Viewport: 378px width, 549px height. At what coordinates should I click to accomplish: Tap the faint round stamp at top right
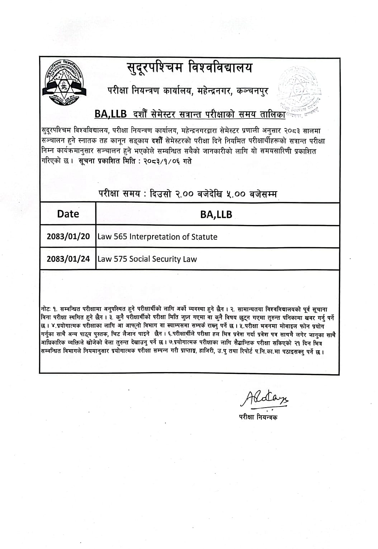[300, 91]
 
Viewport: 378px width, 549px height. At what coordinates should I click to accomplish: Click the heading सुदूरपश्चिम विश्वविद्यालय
[189, 68]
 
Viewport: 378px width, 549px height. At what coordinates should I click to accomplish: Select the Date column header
[68, 214]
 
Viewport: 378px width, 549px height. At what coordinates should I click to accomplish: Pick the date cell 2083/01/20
[68, 237]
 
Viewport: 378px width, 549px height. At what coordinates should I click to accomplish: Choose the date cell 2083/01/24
[68, 259]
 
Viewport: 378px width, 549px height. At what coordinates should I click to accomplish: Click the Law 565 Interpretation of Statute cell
[157, 237]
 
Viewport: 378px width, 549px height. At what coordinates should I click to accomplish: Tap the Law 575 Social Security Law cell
[147, 259]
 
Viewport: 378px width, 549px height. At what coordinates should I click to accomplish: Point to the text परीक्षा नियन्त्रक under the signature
[258, 417]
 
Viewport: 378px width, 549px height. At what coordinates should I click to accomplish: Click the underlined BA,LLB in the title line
[111, 114]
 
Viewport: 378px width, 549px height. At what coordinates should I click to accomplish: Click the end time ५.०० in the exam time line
[236, 194]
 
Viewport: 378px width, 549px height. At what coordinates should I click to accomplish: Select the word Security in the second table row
[167, 259]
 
